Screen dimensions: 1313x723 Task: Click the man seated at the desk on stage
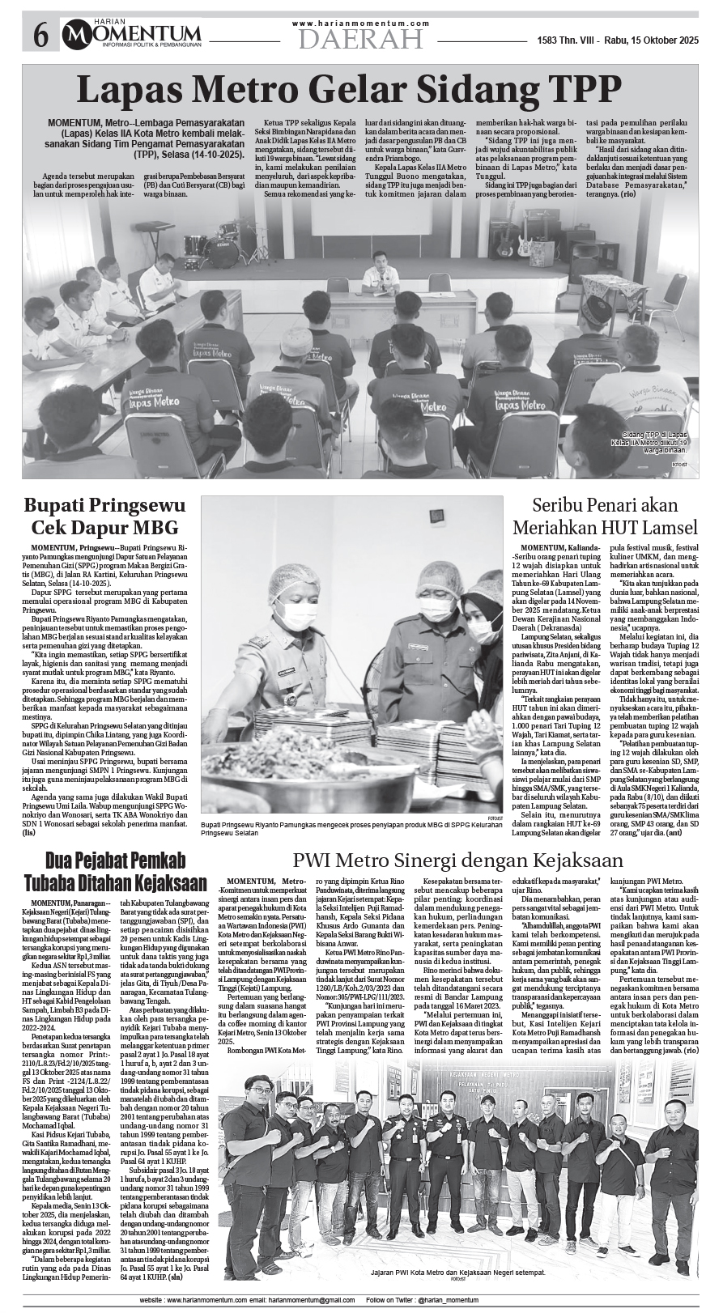click(378, 272)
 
